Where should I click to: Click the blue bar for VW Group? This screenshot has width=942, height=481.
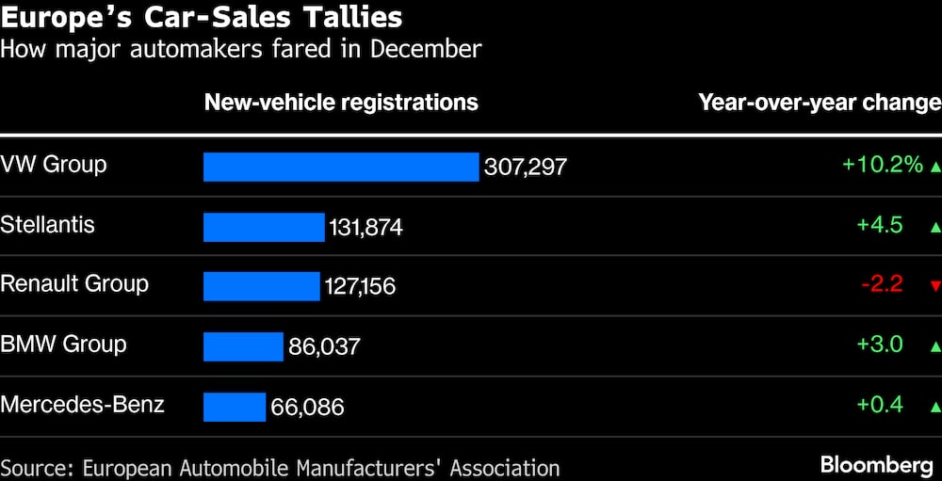point(341,167)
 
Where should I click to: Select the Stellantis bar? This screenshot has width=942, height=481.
point(264,227)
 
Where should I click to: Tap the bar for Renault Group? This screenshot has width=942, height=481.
point(262,286)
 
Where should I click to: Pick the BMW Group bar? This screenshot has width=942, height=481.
point(243,346)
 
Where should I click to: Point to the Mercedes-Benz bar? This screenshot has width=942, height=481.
point(235,407)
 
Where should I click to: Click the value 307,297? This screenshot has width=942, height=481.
point(526,168)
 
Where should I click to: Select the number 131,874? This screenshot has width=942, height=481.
point(365,228)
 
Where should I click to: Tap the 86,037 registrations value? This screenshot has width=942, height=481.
point(324,347)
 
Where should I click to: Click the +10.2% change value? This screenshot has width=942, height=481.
point(883,165)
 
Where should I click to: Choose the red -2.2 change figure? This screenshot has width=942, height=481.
point(882,284)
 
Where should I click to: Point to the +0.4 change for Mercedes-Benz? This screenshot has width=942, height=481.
point(880,405)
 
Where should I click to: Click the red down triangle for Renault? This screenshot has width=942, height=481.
point(934,286)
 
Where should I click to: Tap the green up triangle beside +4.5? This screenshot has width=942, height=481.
point(934,227)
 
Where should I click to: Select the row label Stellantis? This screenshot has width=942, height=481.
point(48,224)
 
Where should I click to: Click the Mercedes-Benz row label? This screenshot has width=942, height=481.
point(83,405)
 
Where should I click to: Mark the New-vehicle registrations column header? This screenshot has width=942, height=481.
point(341,102)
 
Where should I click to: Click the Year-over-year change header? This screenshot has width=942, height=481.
point(819,102)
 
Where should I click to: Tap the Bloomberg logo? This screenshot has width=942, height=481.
point(877,465)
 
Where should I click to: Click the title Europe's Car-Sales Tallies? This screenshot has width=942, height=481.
point(202,17)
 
